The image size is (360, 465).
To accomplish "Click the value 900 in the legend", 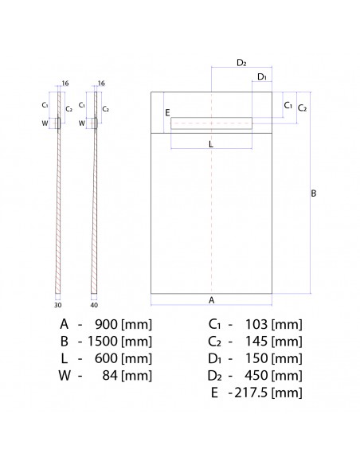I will tap(108, 324).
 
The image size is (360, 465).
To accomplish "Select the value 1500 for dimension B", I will tap(104, 341).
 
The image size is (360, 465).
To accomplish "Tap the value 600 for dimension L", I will tap(108, 358).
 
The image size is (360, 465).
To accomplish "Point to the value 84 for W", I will tap(112, 376).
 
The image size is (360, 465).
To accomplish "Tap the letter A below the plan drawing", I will tap(211, 300).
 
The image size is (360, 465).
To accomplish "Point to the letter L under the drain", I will tap(210, 144).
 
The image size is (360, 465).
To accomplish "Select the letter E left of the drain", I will tap(167, 114).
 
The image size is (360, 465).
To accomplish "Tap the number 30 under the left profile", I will tap(57, 303).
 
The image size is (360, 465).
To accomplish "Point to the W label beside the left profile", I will tap(45, 123).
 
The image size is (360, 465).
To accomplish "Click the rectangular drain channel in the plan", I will tap(212, 123).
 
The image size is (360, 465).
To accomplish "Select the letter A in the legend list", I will tap(63, 324).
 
